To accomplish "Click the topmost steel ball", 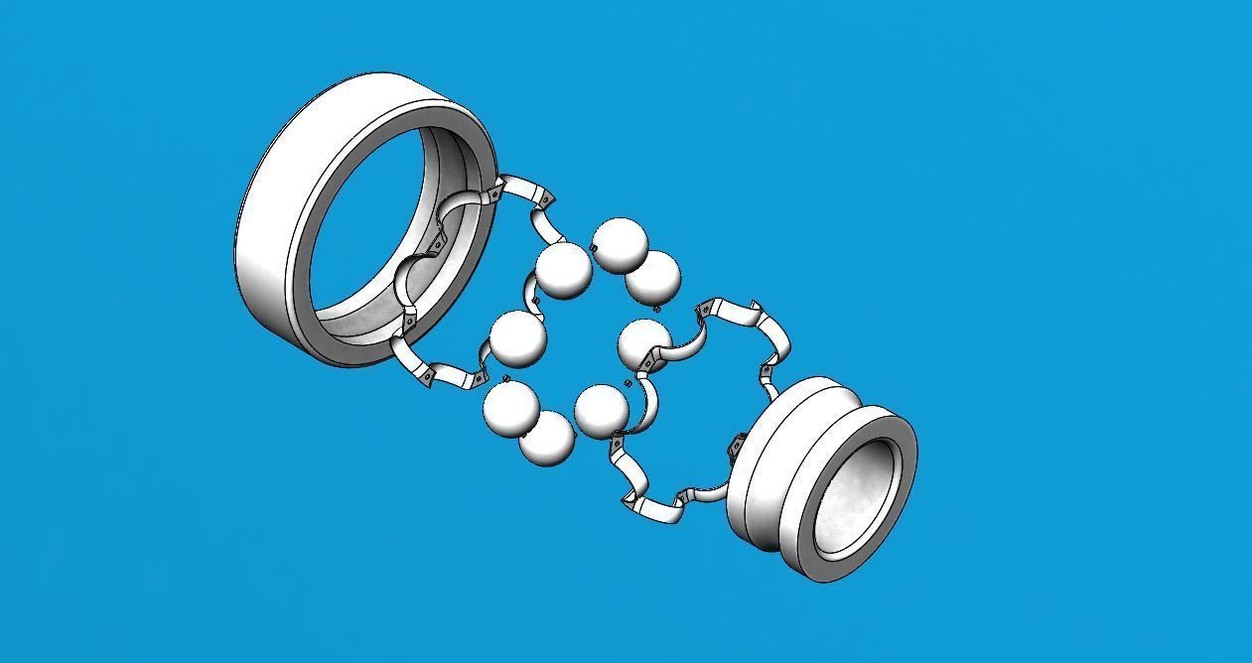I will [619, 243].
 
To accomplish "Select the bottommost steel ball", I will [547, 439].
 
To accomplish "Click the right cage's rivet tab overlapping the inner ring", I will [737, 446].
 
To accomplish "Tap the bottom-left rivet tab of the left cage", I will [425, 377].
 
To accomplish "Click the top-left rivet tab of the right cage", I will [704, 310].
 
